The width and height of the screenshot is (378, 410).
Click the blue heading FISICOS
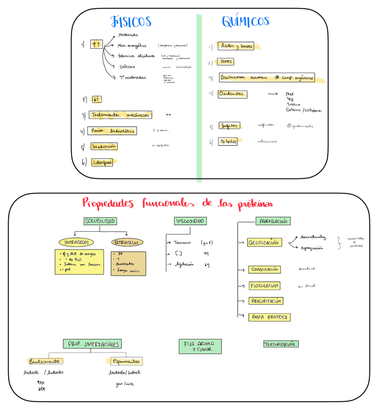[131, 22]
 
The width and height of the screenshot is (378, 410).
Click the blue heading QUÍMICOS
[246, 21]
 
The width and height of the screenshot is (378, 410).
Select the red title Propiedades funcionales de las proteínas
[177, 203]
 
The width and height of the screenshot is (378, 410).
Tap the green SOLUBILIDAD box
[100, 221]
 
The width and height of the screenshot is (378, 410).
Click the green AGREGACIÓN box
[273, 221]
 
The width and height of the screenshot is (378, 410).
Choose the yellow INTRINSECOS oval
[76, 242]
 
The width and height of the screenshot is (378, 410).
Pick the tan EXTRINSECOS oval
[127, 242]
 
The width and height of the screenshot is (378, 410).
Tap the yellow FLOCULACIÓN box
[264, 286]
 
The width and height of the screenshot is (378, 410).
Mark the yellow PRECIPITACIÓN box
[266, 301]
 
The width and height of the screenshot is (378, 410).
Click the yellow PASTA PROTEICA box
[269, 317]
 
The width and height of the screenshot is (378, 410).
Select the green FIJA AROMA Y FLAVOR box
[201, 346]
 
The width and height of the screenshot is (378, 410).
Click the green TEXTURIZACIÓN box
[281, 344]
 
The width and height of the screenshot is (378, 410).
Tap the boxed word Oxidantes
[233, 94]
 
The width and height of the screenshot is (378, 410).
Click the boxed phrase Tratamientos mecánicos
[120, 115]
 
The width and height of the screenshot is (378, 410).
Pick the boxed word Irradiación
[104, 146]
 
